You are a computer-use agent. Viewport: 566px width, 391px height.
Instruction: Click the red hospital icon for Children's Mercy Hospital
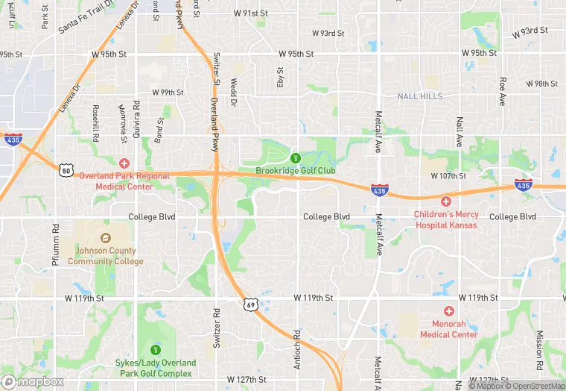[446, 201]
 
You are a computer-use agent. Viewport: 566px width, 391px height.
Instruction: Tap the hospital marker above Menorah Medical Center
[448, 310]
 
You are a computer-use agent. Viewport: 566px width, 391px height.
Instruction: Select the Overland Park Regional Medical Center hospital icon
[124, 163]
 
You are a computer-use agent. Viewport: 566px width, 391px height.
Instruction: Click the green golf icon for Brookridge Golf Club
[296, 157]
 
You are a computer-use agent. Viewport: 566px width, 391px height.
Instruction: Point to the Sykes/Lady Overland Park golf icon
[156, 349]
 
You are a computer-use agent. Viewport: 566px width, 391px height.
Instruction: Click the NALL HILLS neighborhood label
[419, 96]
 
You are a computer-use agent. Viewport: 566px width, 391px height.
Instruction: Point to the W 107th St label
[448, 176]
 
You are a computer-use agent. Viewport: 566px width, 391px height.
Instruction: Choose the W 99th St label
[168, 93]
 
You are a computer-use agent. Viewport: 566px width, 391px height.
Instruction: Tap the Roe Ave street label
[503, 91]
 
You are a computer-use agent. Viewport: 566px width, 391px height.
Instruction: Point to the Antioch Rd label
[297, 347]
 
